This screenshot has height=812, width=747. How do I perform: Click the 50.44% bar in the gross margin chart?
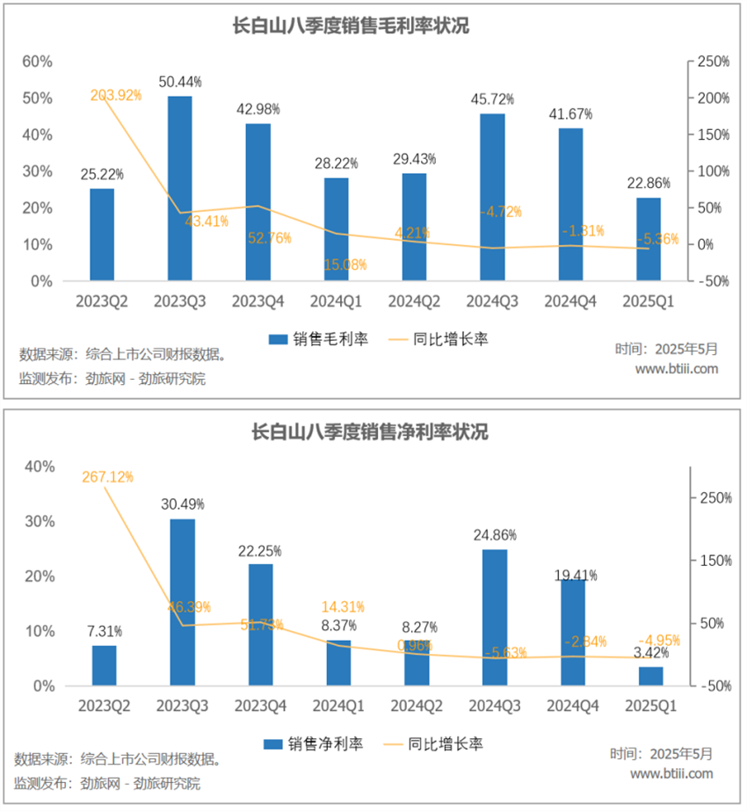coord(179,189)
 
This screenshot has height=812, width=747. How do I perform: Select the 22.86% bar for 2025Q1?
coord(649,239)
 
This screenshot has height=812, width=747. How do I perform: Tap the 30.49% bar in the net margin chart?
coord(182,602)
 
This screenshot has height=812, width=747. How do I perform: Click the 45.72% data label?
coord(491,100)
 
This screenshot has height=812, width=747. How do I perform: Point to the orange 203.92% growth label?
coord(116,95)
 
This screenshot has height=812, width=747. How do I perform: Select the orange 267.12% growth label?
coord(107,477)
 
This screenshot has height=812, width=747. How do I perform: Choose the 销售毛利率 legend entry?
coord(318,339)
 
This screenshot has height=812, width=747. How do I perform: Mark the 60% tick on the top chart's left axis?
coord(38,62)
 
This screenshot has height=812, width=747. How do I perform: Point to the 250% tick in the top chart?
coord(713,62)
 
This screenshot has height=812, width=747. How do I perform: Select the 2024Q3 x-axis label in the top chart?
coord(492,301)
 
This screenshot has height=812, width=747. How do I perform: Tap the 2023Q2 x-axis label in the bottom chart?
coord(103,706)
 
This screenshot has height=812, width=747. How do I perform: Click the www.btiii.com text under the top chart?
coord(677,369)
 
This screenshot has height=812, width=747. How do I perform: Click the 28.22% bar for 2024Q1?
coord(336,229)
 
